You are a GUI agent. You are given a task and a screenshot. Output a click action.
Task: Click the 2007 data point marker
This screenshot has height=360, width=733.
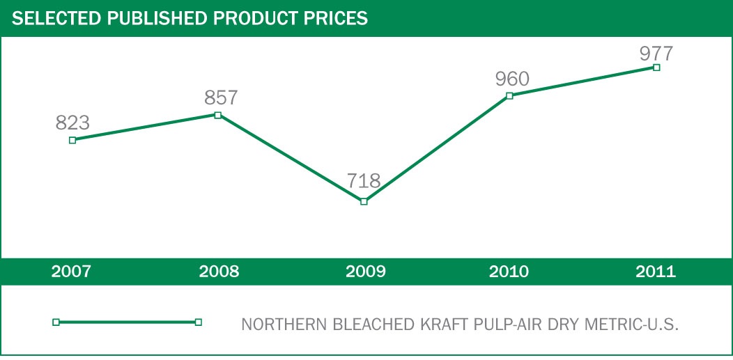72,140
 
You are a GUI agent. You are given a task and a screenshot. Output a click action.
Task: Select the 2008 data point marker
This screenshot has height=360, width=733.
218,115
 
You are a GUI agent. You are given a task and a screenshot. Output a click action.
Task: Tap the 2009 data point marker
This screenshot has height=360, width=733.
364,201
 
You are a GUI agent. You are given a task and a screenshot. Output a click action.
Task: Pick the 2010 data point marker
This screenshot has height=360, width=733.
509,95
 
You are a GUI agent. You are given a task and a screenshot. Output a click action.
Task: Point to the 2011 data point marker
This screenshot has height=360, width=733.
656,68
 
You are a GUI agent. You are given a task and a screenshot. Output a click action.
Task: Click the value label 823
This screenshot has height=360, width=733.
72,123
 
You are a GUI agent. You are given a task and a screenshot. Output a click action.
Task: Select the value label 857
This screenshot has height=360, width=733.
222,98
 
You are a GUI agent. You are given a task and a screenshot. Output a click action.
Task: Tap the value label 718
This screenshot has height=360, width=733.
364,182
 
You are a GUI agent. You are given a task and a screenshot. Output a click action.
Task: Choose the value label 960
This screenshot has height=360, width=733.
512,79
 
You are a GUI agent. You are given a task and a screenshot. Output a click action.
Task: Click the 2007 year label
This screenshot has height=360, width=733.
71,272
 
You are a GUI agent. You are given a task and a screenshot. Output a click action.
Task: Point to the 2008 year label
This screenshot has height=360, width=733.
219,272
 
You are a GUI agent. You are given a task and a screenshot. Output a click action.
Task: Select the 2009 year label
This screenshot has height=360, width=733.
364,272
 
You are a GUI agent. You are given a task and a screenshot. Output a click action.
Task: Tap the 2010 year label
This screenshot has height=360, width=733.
509,272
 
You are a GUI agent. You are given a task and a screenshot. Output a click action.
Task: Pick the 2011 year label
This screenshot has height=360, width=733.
656,272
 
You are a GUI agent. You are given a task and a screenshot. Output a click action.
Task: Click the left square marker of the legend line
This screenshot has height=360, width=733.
56,322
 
